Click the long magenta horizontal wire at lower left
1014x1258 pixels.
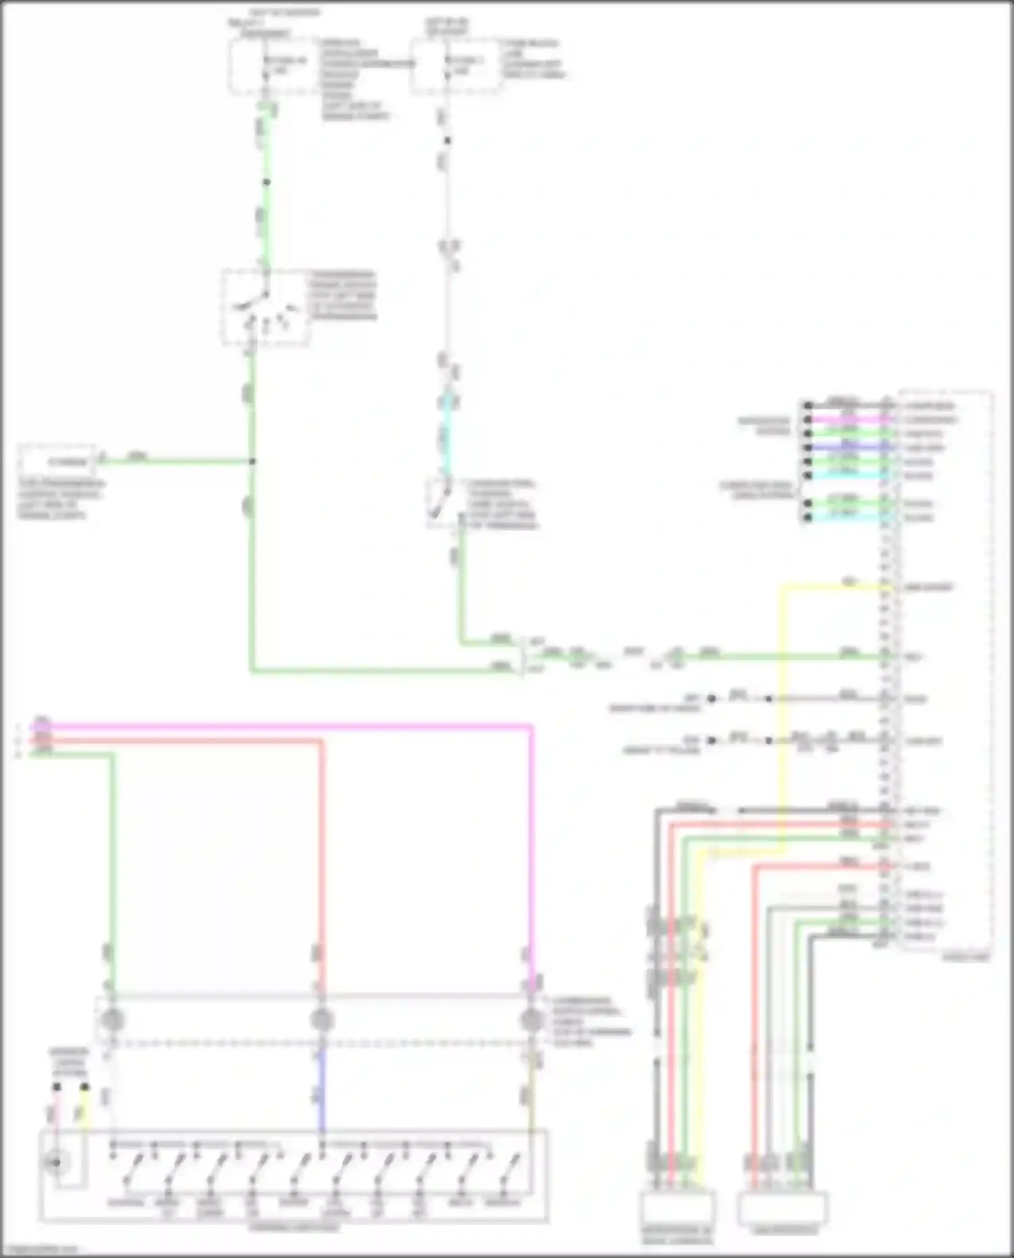point(284,727)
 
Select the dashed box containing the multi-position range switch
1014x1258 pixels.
point(265,308)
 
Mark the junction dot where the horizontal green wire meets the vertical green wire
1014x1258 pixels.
point(252,462)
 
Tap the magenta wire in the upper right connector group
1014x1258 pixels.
point(845,420)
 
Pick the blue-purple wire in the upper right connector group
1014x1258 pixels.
point(845,447)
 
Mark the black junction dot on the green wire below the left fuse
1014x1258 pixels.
point(266,183)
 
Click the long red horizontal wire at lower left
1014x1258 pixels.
point(203,741)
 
